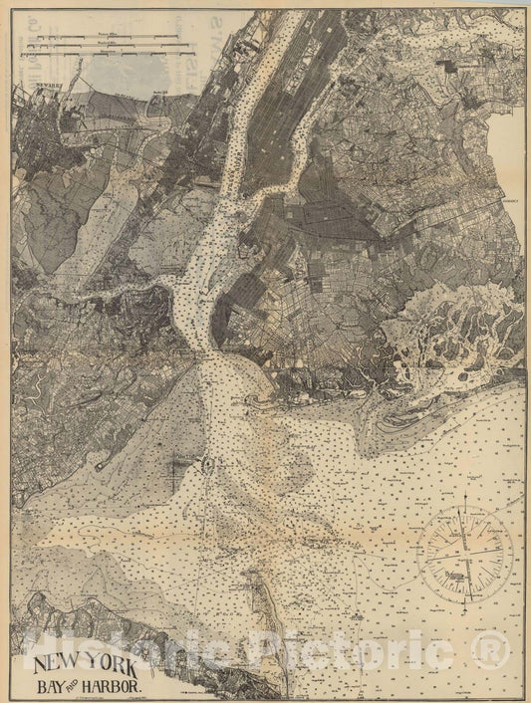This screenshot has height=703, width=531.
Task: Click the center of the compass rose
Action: pos(464,550)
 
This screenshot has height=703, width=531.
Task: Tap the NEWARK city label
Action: pos(50,87)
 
